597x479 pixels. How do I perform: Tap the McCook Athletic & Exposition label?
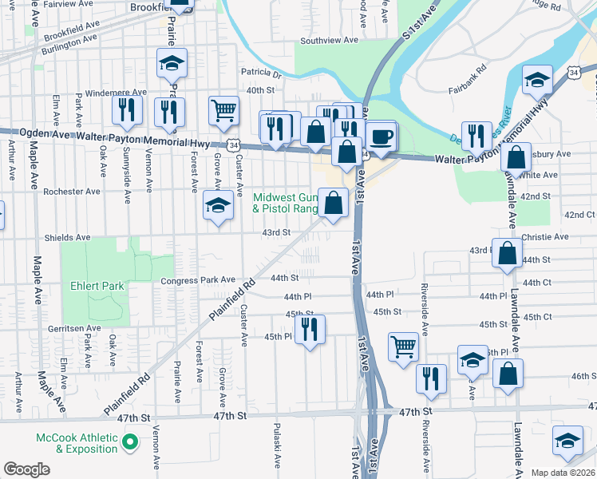pos(77,444)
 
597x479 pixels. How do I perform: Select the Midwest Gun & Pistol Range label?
pos(285,203)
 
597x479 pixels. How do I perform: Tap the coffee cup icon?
pos(382,136)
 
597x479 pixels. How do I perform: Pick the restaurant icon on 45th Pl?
pos(310,329)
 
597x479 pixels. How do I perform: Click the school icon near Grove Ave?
pos(217,205)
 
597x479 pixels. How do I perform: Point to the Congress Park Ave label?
pos(198,280)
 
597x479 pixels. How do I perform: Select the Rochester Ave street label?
pos(72,192)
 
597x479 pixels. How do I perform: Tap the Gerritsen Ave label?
pos(73,328)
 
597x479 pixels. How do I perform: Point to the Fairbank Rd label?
pos(471,69)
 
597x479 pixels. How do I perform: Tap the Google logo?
pos(26,469)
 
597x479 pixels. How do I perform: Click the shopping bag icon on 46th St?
pos(508,374)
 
